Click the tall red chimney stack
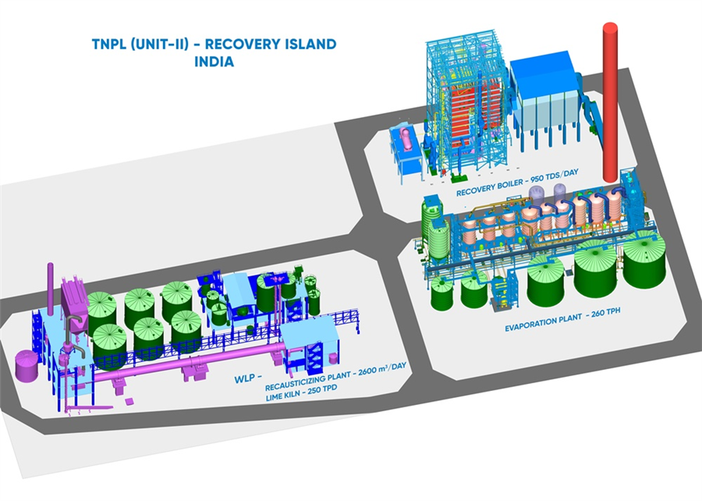pyautogui.click(x=610, y=102)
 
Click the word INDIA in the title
pyautogui.click(x=214, y=62)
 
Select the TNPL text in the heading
pyautogui.click(x=108, y=44)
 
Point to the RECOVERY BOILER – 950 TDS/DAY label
pyautogui.click(x=518, y=183)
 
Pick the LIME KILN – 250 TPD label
pyautogui.click(x=301, y=393)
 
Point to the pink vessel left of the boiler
pyautogui.click(x=407, y=139)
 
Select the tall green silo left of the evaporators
pyautogui.click(x=438, y=242)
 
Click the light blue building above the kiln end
pyautogui.click(x=309, y=333)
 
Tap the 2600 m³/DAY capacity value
pyautogui.click(x=382, y=369)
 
